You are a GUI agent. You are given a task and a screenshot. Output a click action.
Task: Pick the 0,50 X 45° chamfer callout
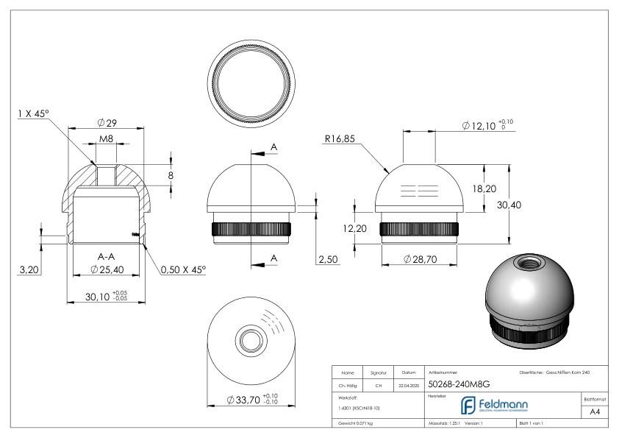[x=183, y=270]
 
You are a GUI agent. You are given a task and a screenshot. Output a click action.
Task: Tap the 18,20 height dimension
[x=483, y=188]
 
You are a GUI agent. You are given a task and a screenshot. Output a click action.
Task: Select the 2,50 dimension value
[x=326, y=260]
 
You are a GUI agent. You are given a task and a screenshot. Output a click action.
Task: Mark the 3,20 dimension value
[x=29, y=270]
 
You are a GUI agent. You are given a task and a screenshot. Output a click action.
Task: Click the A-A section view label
[x=106, y=256]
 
